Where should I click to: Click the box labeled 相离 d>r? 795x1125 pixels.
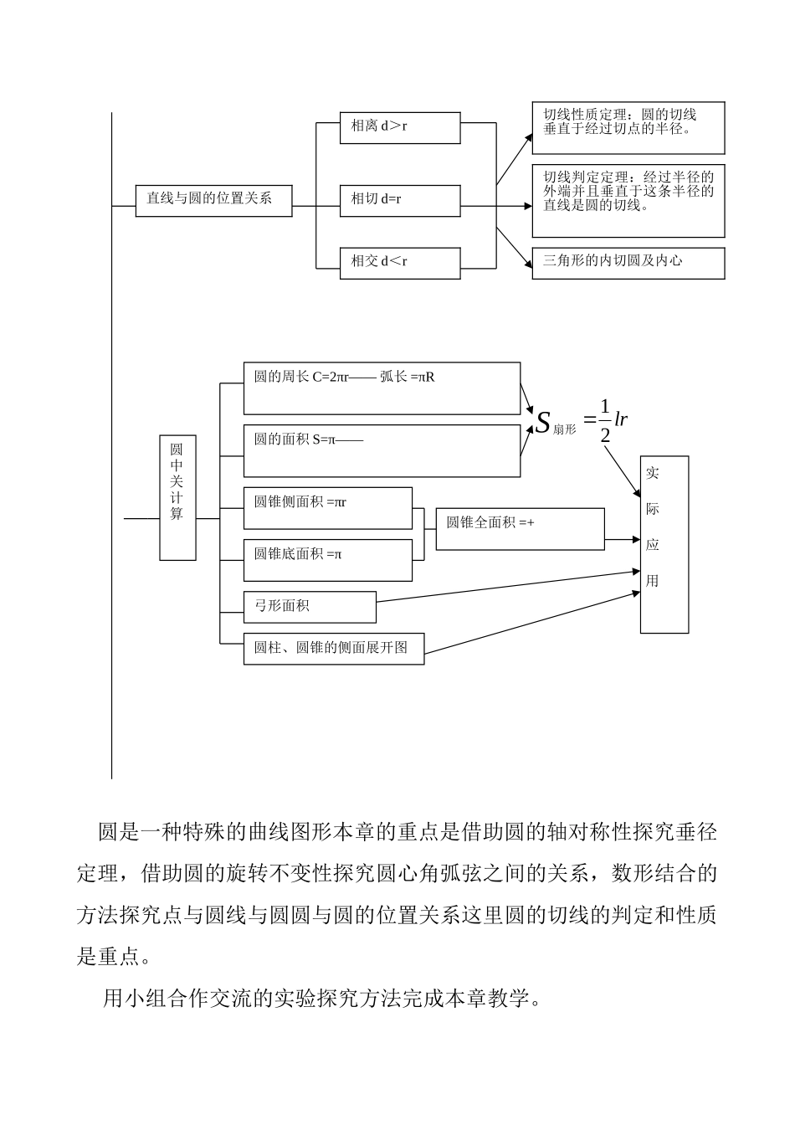pyautogui.click(x=400, y=128)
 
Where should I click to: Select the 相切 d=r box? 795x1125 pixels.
pyautogui.click(x=400, y=201)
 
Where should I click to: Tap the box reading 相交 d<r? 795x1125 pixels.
pyautogui.click(x=400, y=263)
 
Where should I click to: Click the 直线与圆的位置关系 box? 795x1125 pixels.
pyautogui.click(x=213, y=199)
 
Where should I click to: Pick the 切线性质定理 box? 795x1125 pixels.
pyautogui.click(x=628, y=128)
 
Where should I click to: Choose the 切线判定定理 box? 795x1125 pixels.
pyautogui.click(x=628, y=201)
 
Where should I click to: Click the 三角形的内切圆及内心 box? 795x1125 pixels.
pyautogui.click(x=628, y=263)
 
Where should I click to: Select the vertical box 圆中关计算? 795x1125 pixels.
pyautogui.click(x=177, y=497)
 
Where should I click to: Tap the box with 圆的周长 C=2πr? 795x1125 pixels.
pyautogui.click(x=382, y=388)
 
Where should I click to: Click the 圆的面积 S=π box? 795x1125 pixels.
pyautogui.click(x=382, y=451)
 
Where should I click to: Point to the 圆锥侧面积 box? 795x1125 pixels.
pyautogui.click(x=328, y=508)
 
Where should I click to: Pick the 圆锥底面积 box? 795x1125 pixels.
pyautogui.click(x=328, y=560)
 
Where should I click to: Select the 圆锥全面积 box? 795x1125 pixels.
pyautogui.click(x=520, y=529)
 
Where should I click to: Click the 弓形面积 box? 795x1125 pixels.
pyautogui.click(x=310, y=607)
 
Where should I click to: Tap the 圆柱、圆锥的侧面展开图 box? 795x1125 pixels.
pyautogui.click(x=334, y=649)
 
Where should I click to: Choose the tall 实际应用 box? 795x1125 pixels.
pyautogui.click(x=664, y=544)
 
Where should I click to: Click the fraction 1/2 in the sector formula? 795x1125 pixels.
pyautogui.click(x=605, y=421)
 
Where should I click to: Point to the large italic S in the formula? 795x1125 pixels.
pyautogui.click(x=543, y=422)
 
